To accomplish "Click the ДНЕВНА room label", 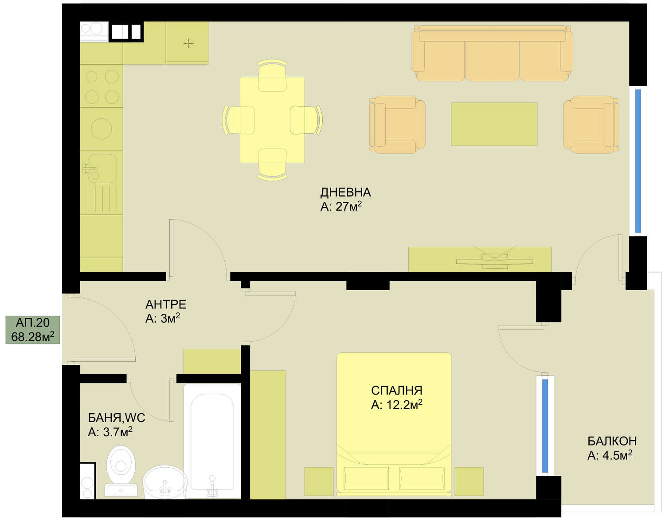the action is (345, 193).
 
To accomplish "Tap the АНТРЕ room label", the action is (166, 304).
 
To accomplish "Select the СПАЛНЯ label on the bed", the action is (396, 391).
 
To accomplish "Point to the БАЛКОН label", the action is (612, 441).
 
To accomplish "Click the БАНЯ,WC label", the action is (116, 418).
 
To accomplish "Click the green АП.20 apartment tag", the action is (33, 330).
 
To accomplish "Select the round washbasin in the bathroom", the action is (165, 482).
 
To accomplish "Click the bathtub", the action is (212, 441).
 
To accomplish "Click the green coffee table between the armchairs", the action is (494, 124).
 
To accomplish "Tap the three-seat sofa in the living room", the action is (492, 53).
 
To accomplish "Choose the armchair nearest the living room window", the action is (591, 125).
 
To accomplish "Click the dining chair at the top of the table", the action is (272, 75).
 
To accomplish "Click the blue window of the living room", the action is (638, 161).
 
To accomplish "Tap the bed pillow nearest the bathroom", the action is (366, 478).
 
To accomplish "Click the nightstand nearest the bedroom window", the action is (469, 482).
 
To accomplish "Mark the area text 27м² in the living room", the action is (348, 206).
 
